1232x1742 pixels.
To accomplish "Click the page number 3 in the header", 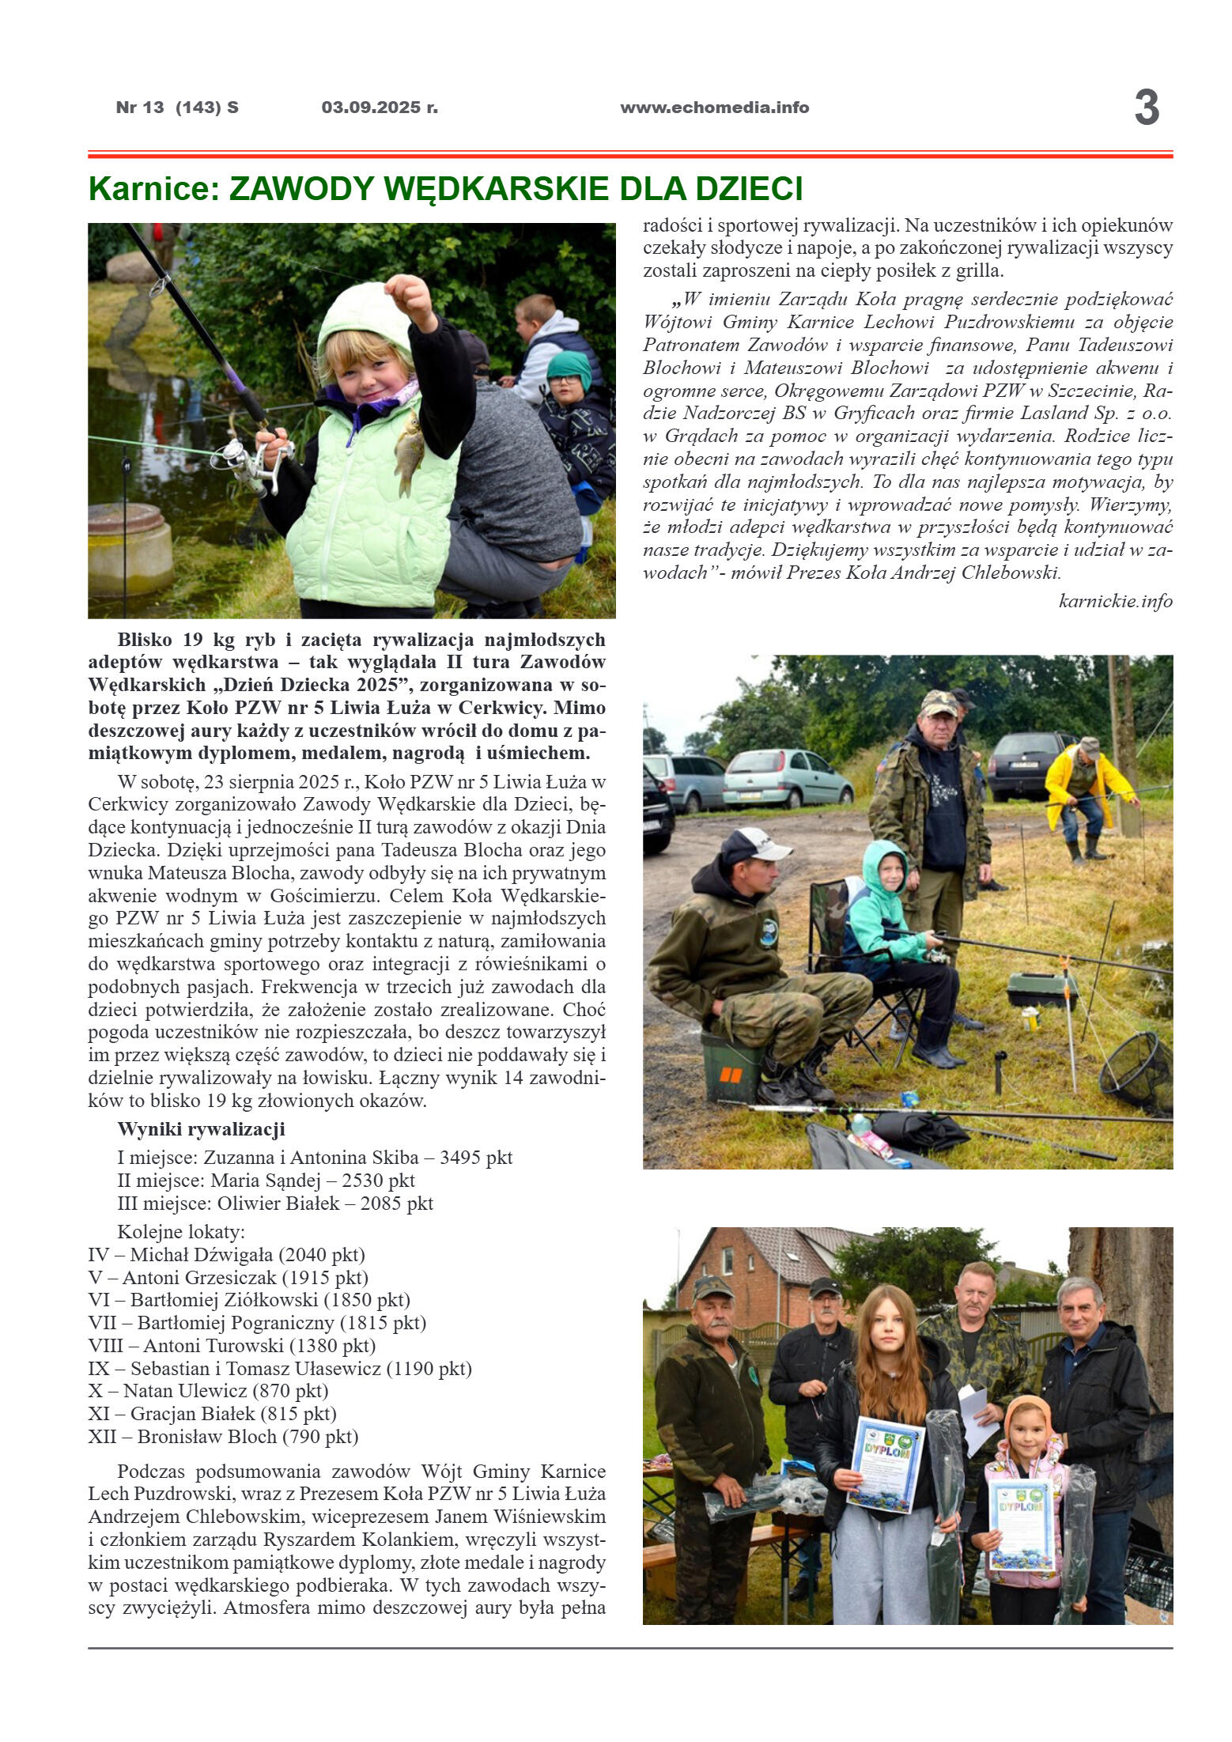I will (x=1146, y=108).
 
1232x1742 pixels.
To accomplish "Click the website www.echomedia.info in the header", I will (x=714, y=108).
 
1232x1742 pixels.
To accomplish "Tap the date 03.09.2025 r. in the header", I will (x=380, y=108).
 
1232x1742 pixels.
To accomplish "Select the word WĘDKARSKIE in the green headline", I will (x=503, y=189).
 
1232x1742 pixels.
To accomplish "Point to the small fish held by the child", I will (x=409, y=453).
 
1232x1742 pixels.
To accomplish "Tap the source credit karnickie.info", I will (x=1115, y=601).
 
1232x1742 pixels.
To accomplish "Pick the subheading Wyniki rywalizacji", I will (x=201, y=1129).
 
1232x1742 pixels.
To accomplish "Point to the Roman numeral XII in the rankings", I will (x=103, y=1437).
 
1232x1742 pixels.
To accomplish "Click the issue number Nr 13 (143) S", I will (x=177, y=108).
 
